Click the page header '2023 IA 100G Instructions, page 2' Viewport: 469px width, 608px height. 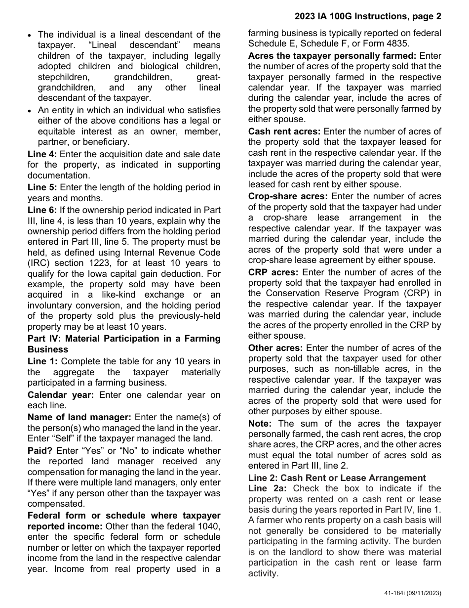coord(368,16)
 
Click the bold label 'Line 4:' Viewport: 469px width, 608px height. coord(42,154)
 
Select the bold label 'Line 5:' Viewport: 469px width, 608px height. coord(42,187)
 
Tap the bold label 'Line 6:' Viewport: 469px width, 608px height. coord(42,210)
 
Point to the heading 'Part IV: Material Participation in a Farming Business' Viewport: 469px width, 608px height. coord(124,344)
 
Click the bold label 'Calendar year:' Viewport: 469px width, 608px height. coord(60,395)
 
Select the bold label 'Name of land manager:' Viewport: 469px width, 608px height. coord(79,417)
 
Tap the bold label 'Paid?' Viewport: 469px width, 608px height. coord(40,450)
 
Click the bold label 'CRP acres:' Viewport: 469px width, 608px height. coord(273,272)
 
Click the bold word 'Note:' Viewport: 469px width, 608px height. coord(260,424)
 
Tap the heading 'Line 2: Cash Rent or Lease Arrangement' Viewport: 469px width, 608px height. coord(337,478)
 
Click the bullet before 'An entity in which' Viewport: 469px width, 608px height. coord(30,111)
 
